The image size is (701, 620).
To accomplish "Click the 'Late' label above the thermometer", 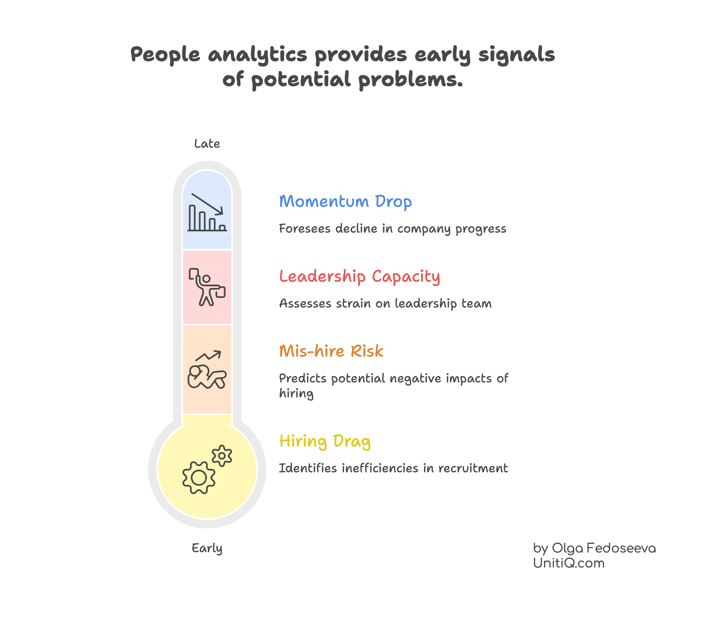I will tap(207, 144).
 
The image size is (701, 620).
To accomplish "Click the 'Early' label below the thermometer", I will tap(207, 548).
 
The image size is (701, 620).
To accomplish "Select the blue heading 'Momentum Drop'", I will tap(345, 201).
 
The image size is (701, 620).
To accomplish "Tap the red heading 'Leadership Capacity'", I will tap(359, 276).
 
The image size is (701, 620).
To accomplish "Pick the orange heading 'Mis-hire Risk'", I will tap(331, 351).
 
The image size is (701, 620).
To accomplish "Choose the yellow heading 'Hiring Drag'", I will tap(325, 441).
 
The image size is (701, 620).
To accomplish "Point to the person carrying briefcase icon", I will tap(207, 287).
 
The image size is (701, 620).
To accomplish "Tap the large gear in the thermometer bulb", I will tap(199, 478).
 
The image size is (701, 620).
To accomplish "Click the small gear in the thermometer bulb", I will tap(222, 456).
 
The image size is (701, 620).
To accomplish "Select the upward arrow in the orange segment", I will tap(209, 356).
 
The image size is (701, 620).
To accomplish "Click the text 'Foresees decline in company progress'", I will tap(392, 229).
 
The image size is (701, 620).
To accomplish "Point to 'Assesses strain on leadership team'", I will tap(385, 304).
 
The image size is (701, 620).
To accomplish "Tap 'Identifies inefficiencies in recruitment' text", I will tap(393, 469).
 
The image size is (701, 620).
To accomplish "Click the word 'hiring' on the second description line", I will tap(296, 394).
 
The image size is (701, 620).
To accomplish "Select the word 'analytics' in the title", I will tap(257, 55).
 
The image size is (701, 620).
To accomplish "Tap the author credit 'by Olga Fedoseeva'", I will tap(594, 548).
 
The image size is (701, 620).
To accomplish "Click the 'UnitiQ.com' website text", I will tap(569, 563).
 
